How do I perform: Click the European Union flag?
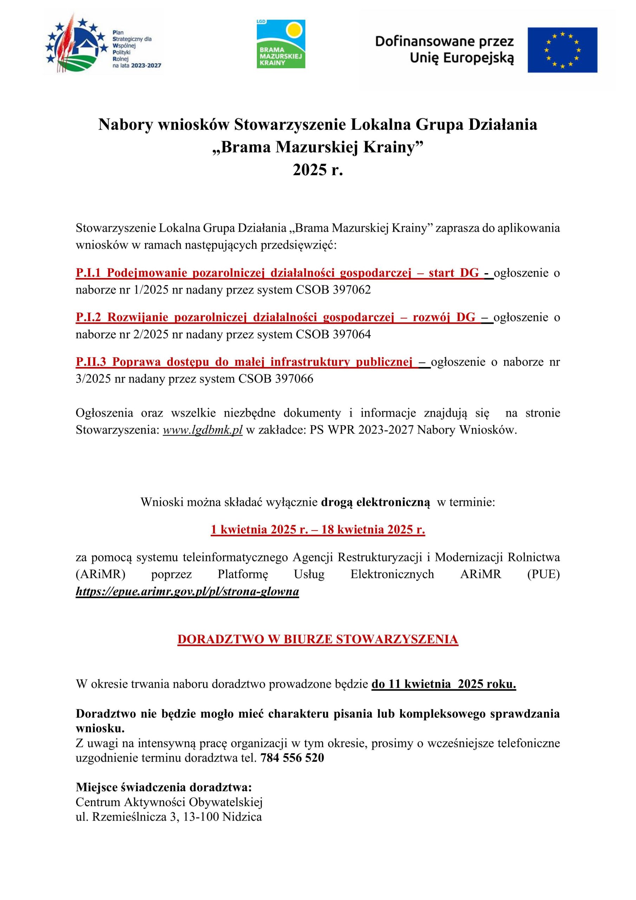562,50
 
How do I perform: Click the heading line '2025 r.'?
318,170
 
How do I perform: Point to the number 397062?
351,290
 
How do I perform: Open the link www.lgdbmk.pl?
203,430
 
